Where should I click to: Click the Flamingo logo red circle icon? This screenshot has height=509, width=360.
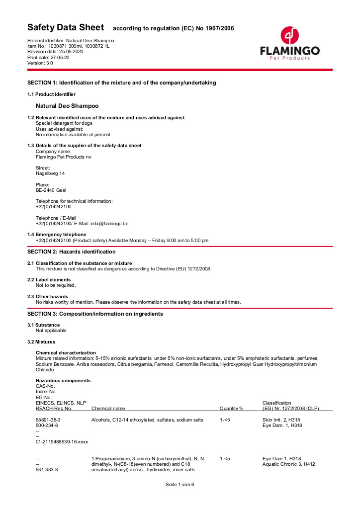(290, 36)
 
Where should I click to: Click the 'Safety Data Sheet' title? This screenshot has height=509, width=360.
(66, 27)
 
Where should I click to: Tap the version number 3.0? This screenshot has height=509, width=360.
(49, 63)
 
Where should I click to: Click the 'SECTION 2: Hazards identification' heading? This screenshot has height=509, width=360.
(71, 252)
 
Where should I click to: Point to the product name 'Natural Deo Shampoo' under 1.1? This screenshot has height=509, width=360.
(67, 106)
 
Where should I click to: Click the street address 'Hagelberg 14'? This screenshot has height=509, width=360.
(50, 173)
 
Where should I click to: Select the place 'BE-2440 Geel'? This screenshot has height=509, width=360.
(51, 190)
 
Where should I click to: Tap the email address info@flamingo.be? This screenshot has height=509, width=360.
(109, 224)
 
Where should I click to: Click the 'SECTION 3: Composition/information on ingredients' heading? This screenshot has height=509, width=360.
(95, 314)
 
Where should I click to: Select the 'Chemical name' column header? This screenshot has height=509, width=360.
(108, 409)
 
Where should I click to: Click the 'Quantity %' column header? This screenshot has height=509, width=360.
(231, 409)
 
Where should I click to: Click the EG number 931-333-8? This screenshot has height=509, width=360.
(47, 470)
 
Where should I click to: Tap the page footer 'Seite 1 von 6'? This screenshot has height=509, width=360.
(180, 484)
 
